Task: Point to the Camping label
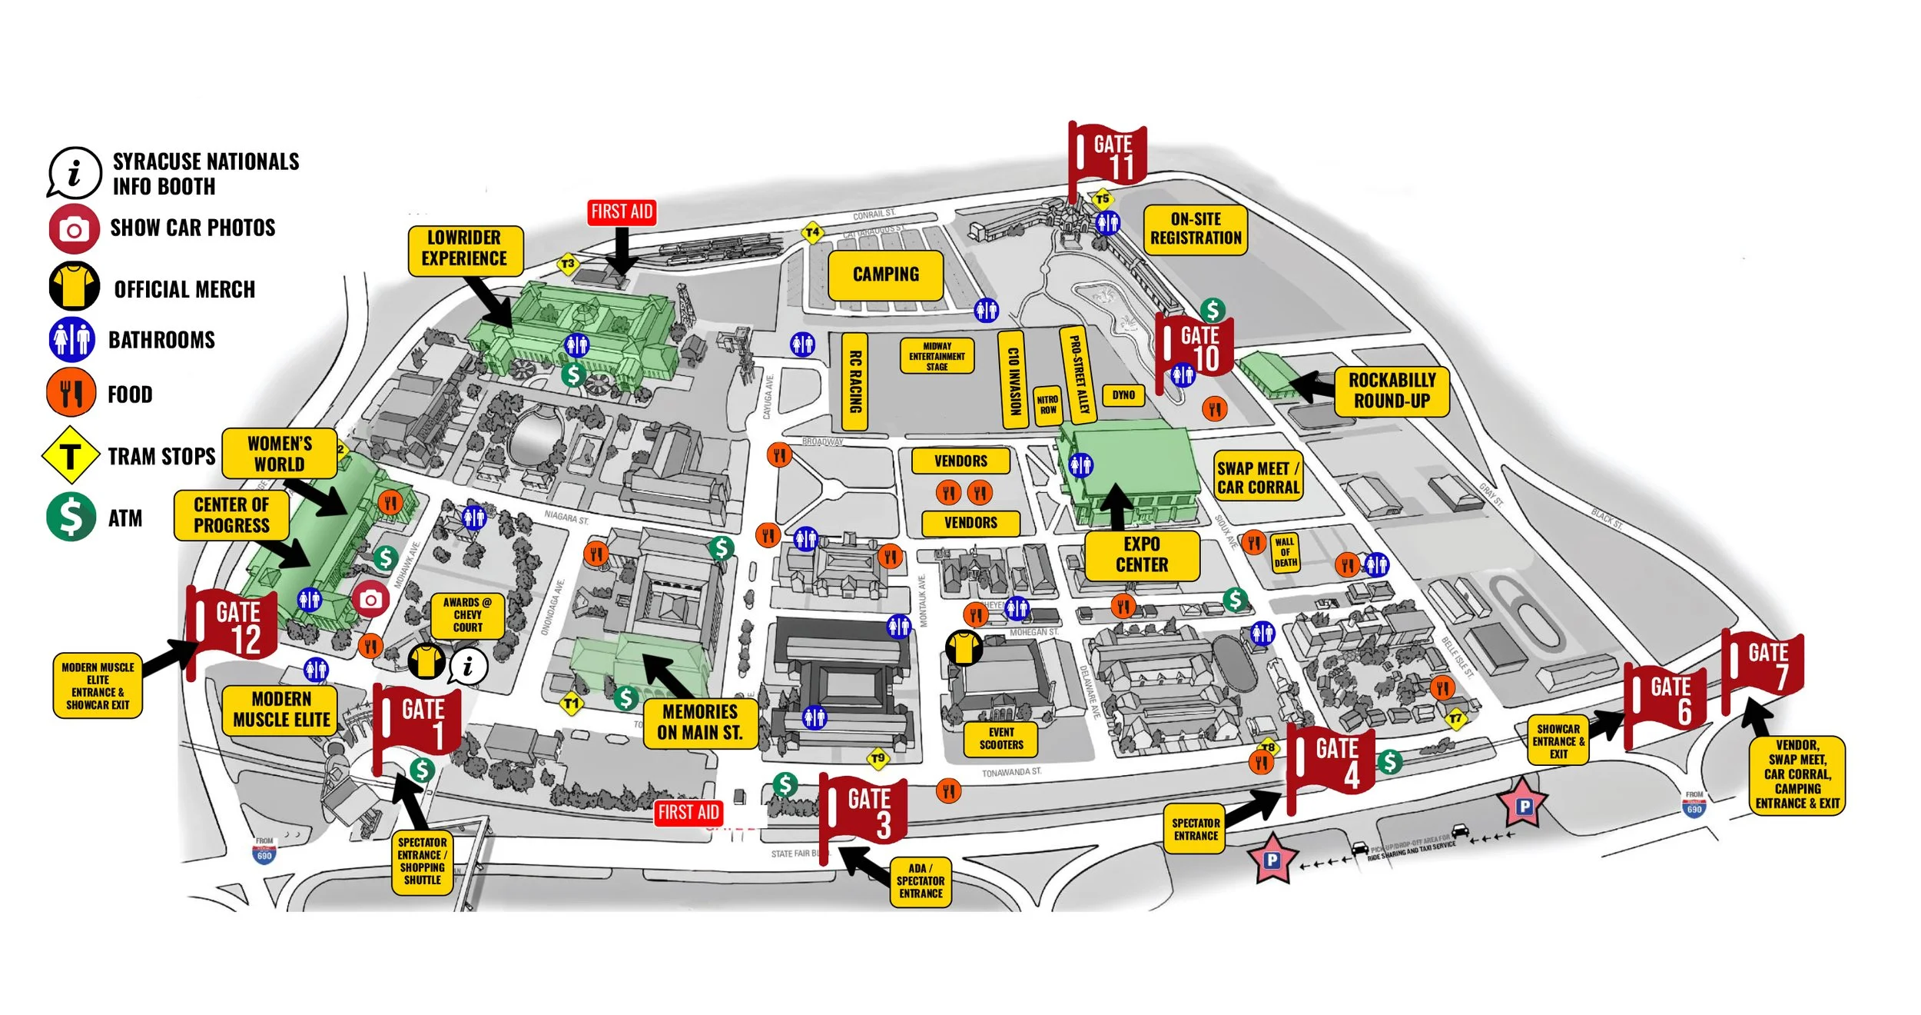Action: (x=885, y=275)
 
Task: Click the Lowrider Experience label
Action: (x=464, y=248)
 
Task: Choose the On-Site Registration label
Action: (x=1195, y=228)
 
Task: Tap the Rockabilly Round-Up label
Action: (x=1391, y=391)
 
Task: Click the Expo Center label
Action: (x=1141, y=554)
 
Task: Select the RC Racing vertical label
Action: (x=854, y=381)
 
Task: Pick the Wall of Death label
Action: (x=1285, y=552)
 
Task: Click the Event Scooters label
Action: (x=1000, y=739)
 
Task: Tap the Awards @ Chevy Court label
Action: (x=467, y=615)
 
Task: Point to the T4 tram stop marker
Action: (x=812, y=232)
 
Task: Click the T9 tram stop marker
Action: (x=878, y=759)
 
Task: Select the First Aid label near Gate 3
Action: (x=688, y=812)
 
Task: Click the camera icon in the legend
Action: (x=74, y=229)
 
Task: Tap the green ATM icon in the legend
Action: (x=71, y=517)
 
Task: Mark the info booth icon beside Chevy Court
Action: (x=468, y=667)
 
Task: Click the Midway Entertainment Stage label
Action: (x=937, y=356)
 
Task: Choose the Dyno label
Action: (x=1123, y=395)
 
